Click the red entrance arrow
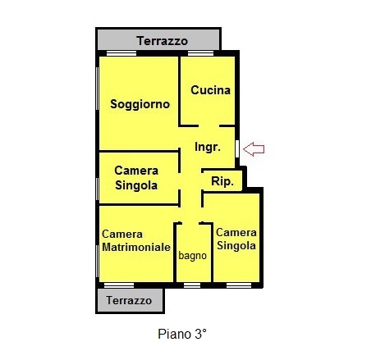pos(254,149)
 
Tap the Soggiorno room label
pos(140,104)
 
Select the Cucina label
pos(210,90)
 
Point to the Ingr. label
pos(208,148)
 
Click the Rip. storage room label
pos(222,181)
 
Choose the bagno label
pos(192,256)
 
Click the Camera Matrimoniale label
pos(136,241)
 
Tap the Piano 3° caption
pos(182,334)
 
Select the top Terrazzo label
pos(163,41)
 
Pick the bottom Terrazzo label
pos(129,300)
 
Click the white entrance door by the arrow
pos(237,148)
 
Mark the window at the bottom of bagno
pos(192,285)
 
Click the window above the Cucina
pos(200,53)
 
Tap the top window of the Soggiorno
pos(121,53)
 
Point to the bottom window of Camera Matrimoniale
pos(119,285)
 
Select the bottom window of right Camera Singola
pos(239,285)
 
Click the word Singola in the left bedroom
pos(136,185)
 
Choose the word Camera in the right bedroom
pos(236,233)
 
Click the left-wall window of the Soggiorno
pos(97,89)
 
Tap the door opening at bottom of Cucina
pos(209,126)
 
